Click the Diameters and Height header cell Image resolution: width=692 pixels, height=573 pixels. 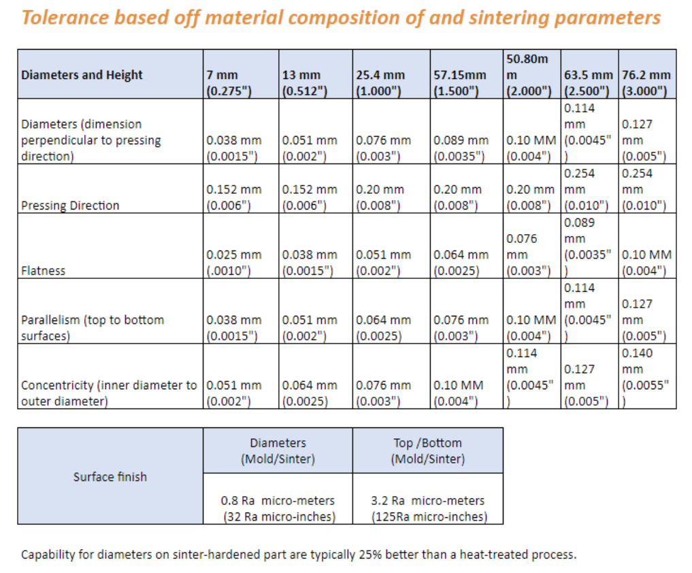[x=82, y=75]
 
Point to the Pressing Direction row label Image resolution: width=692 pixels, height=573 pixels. [x=70, y=206]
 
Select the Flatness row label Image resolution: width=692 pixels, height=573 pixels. [x=44, y=270]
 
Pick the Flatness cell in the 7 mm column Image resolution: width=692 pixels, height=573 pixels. [x=234, y=263]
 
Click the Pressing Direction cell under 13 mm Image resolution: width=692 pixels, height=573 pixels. [x=310, y=197]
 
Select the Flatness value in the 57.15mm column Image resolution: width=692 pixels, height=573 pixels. [x=461, y=263]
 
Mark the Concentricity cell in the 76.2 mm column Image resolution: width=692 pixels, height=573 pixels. [x=646, y=377]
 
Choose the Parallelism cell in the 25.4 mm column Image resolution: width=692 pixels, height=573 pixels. [x=384, y=327]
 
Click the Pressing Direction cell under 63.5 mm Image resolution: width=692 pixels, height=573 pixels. [x=589, y=189]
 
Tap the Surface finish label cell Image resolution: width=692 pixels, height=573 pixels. [x=110, y=476]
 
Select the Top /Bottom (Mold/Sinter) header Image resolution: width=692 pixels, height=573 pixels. [x=427, y=451]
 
